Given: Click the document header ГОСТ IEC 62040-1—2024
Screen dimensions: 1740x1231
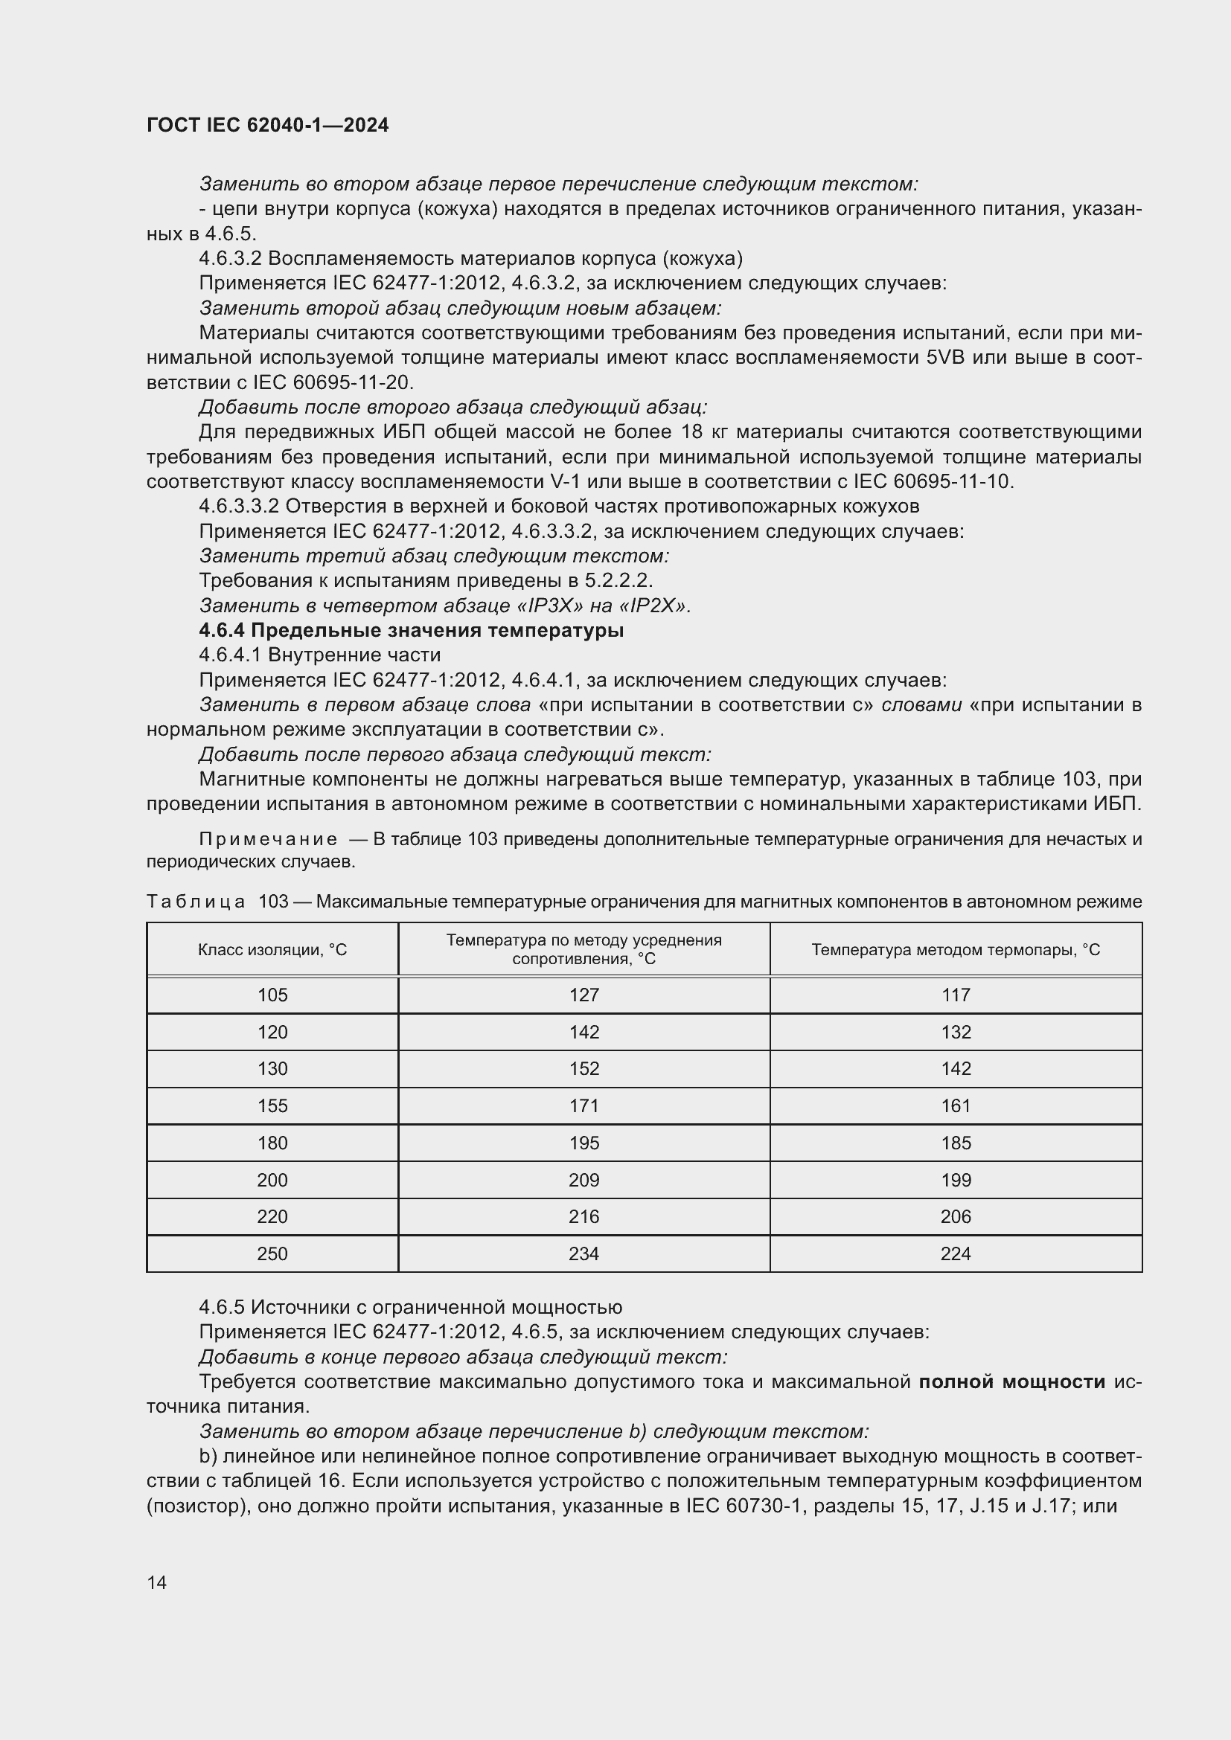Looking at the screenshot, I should (x=268, y=126).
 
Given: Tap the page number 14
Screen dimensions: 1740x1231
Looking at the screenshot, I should (x=157, y=1582).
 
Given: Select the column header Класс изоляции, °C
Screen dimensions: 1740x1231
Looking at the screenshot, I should (x=272, y=949).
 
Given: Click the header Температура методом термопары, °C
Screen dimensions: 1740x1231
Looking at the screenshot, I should (x=955, y=949).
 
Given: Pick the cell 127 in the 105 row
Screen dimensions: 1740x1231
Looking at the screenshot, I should (x=583, y=995).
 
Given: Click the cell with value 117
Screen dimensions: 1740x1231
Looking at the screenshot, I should (x=955, y=995).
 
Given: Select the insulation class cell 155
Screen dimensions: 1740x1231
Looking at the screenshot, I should (x=272, y=1105).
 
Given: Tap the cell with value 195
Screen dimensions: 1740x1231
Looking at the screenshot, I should (x=583, y=1143).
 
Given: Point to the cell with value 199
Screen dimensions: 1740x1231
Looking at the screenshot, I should (x=955, y=1180).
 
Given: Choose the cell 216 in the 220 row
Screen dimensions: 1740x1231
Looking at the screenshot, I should (x=583, y=1216).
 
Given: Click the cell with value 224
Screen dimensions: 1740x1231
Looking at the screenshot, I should (x=955, y=1253).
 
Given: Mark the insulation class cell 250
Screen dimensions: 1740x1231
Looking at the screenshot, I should (x=272, y=1253).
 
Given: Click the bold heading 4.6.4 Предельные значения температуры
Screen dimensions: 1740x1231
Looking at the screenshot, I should (x=411, y=631).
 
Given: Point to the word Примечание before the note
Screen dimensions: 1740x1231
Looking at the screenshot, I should (x=268, y=840).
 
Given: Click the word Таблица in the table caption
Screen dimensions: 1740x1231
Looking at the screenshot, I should (x=196, y=902).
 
